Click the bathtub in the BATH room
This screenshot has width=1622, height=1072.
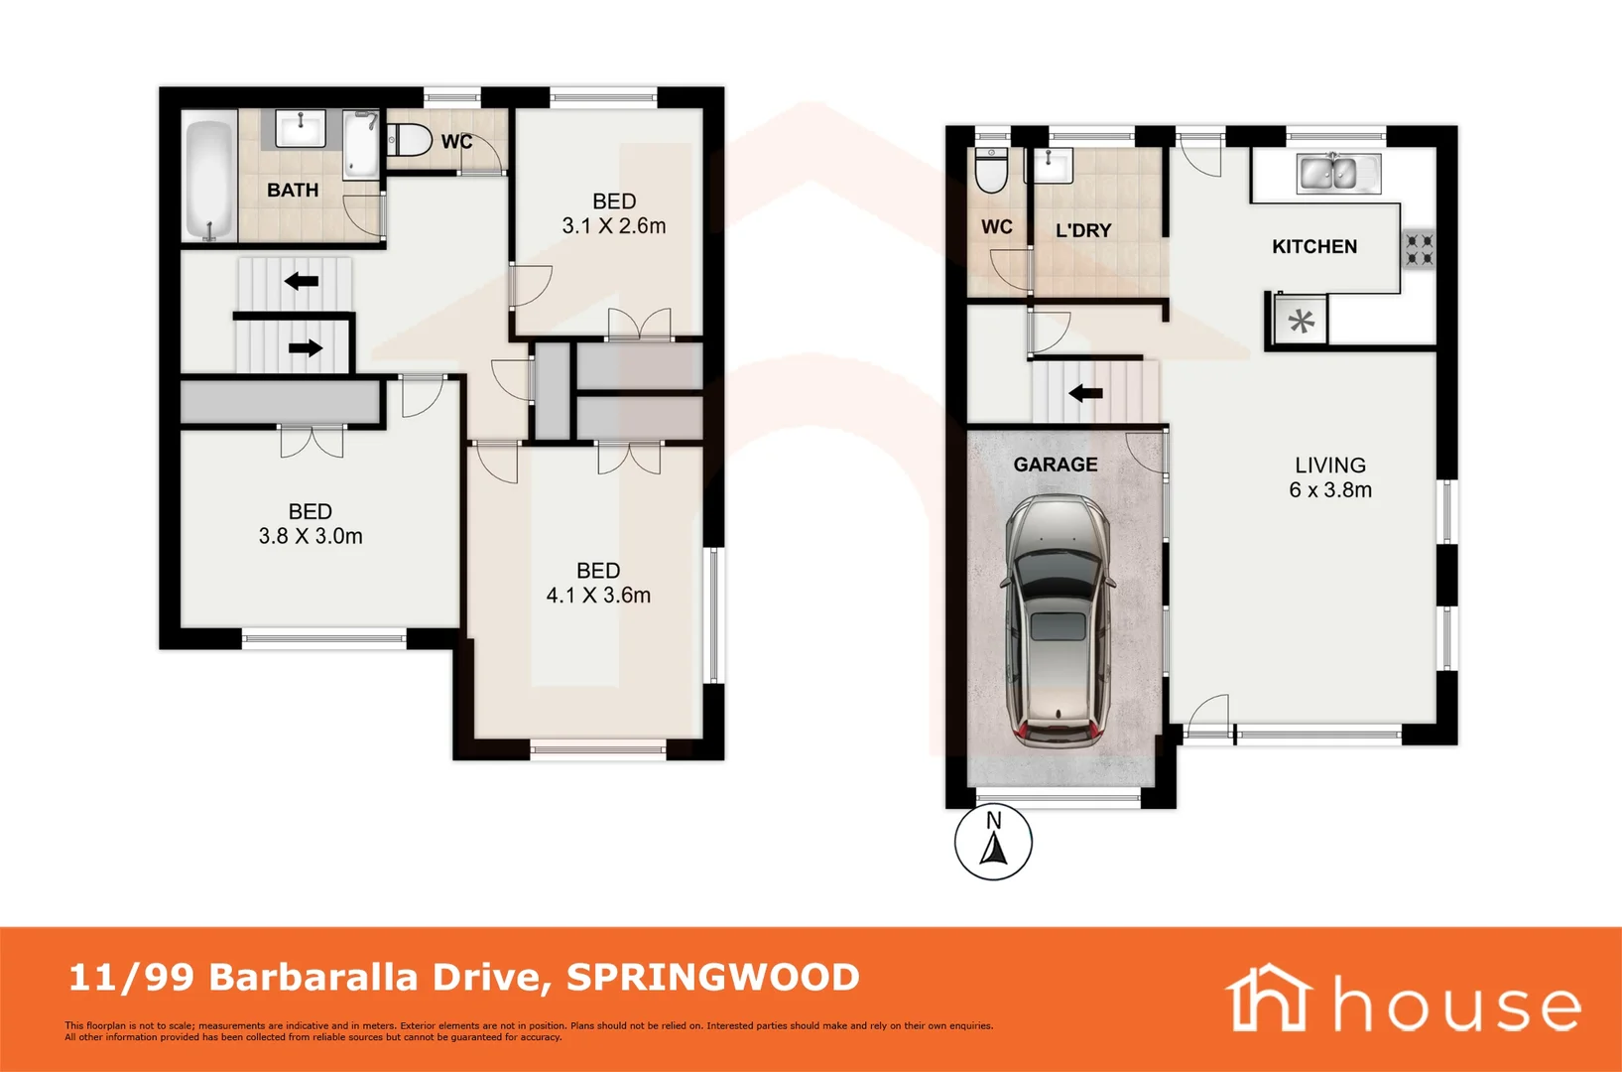[x=209, y=180]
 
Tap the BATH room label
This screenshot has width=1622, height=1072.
[x=293, y=190]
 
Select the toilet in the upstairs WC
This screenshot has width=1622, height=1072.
[x=407, y=140]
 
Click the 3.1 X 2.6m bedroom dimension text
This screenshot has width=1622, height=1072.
[x=614, y=226]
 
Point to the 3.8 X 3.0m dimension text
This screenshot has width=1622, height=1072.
[x=311, y=537]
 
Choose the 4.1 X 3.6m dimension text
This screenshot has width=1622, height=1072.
[x=598, y=596]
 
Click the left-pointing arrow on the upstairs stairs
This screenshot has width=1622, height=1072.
[x=302, y=281]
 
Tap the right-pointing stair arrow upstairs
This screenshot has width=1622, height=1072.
[x=306, y=347]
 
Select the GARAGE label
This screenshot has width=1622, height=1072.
[x=1056, y=465]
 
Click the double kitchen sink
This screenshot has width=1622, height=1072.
[x=1327, y=174]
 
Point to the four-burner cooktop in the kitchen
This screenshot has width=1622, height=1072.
[x=1419, y=248]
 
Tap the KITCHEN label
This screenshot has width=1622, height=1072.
[x=1314, y=246]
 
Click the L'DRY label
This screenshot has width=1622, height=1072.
[x=1083, y=230]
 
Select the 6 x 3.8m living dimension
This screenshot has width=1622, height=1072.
[x=1330, y=490]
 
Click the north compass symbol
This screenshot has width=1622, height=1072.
[x=993, y=843]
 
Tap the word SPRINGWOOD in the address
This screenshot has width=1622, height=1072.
[x=712, y=978]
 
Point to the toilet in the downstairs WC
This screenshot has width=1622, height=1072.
[x=991, y=171]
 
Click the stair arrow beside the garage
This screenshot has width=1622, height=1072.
[x=1085, y=393]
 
